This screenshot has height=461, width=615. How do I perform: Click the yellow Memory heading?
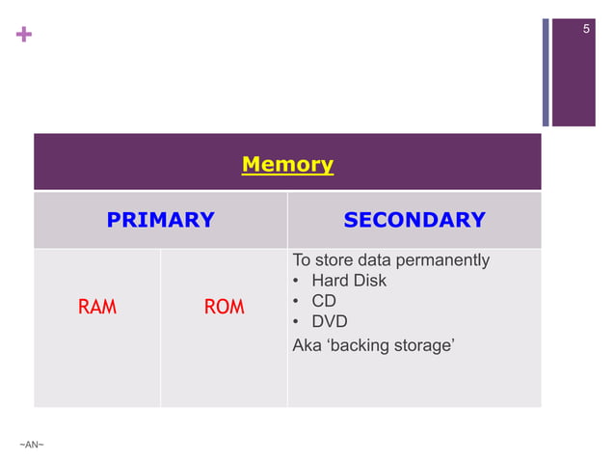[287, 164]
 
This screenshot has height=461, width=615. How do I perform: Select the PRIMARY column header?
[160, 220]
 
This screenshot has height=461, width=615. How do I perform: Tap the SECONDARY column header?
[414, 220]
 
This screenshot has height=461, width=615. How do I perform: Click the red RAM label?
[96, 308]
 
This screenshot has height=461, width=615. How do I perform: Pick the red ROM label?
[224, 308]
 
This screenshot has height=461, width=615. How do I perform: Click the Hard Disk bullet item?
[348, 281]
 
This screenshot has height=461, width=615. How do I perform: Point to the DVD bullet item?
[329, 321]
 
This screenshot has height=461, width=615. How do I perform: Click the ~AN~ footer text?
[32, 444]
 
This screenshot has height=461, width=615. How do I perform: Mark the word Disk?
[369, 281]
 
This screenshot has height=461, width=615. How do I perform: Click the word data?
[375, 260]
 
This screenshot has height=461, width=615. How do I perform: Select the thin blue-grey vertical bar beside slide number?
[546, 72]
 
